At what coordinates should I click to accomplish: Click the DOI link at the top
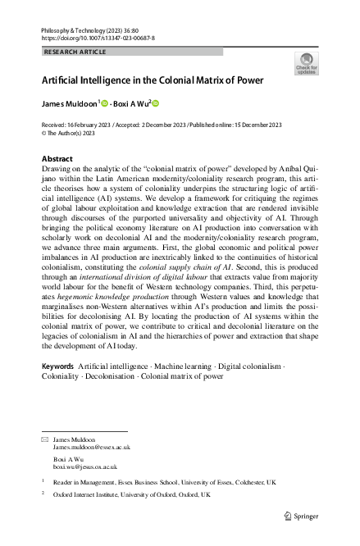click(x=98, y=38)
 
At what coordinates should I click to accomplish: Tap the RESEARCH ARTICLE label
click(x=75, y=51)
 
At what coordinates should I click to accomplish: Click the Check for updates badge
click(x=306, y=64)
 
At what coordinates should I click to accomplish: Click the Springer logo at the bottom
click(x=300, y=516)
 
